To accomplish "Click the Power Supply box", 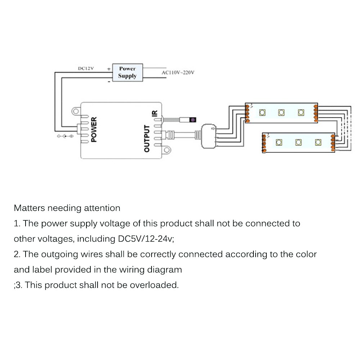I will click(x=127, y=72).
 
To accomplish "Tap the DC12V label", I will click(x=86, y=68).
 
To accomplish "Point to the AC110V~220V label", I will click(x=178, y=72).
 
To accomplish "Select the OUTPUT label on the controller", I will click(x=147, y=138).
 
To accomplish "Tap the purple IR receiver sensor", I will click(x=193, y=120).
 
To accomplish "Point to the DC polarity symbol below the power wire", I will click(x=65, y=136).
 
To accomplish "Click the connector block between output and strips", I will click(x=208, y=136).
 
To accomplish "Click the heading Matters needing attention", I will click(x=67, y=208).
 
